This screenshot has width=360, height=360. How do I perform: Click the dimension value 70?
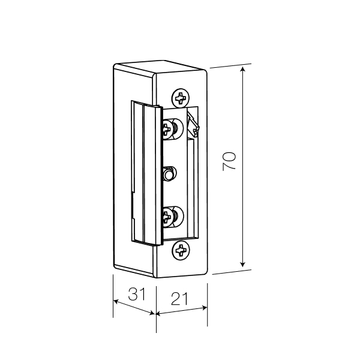tap(229, 161)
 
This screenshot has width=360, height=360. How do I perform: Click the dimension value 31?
tap(137, 294)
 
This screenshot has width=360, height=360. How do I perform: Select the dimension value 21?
tap(179, 299)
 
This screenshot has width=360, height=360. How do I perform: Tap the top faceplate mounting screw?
tap(181, 98)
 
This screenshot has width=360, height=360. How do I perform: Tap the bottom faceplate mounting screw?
tap(181, 250)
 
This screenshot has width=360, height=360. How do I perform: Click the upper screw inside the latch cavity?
tap(172, 129)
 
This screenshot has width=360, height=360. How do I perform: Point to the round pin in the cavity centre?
tap(169, 174)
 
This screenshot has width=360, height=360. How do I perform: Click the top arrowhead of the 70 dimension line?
tap(242, 68)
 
